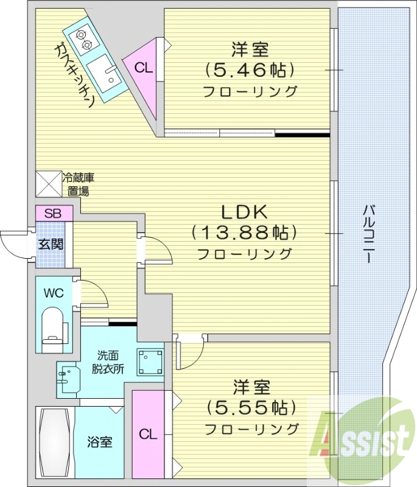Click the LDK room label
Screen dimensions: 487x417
click(244, 212)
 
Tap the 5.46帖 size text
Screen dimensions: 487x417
click(250, 70)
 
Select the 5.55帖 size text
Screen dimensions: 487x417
click(250, 407)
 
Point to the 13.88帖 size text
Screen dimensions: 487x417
click(244, 233)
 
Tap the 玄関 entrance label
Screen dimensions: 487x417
click(50, 245)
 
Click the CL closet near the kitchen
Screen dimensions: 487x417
click(144, 67)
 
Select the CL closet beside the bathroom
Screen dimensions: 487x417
click(148, 435)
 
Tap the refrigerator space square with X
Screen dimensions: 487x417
click(49, 183)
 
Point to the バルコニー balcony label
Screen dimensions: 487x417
click(368, 234)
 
